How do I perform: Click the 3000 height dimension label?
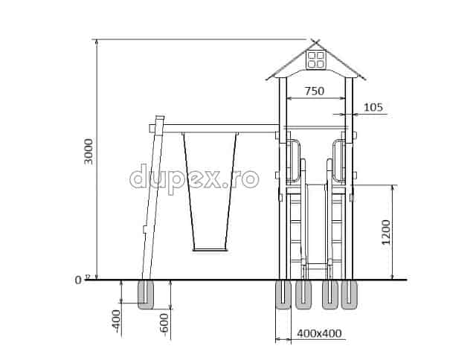point(89,152)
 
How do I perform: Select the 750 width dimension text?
point(315,91)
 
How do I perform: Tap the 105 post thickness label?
point(373,107)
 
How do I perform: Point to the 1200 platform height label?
point(386,232)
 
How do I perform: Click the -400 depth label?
point(116,321)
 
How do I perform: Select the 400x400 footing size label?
point(319,333)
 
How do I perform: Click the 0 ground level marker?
point(78,280)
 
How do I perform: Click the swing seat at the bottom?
point(210,250)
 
